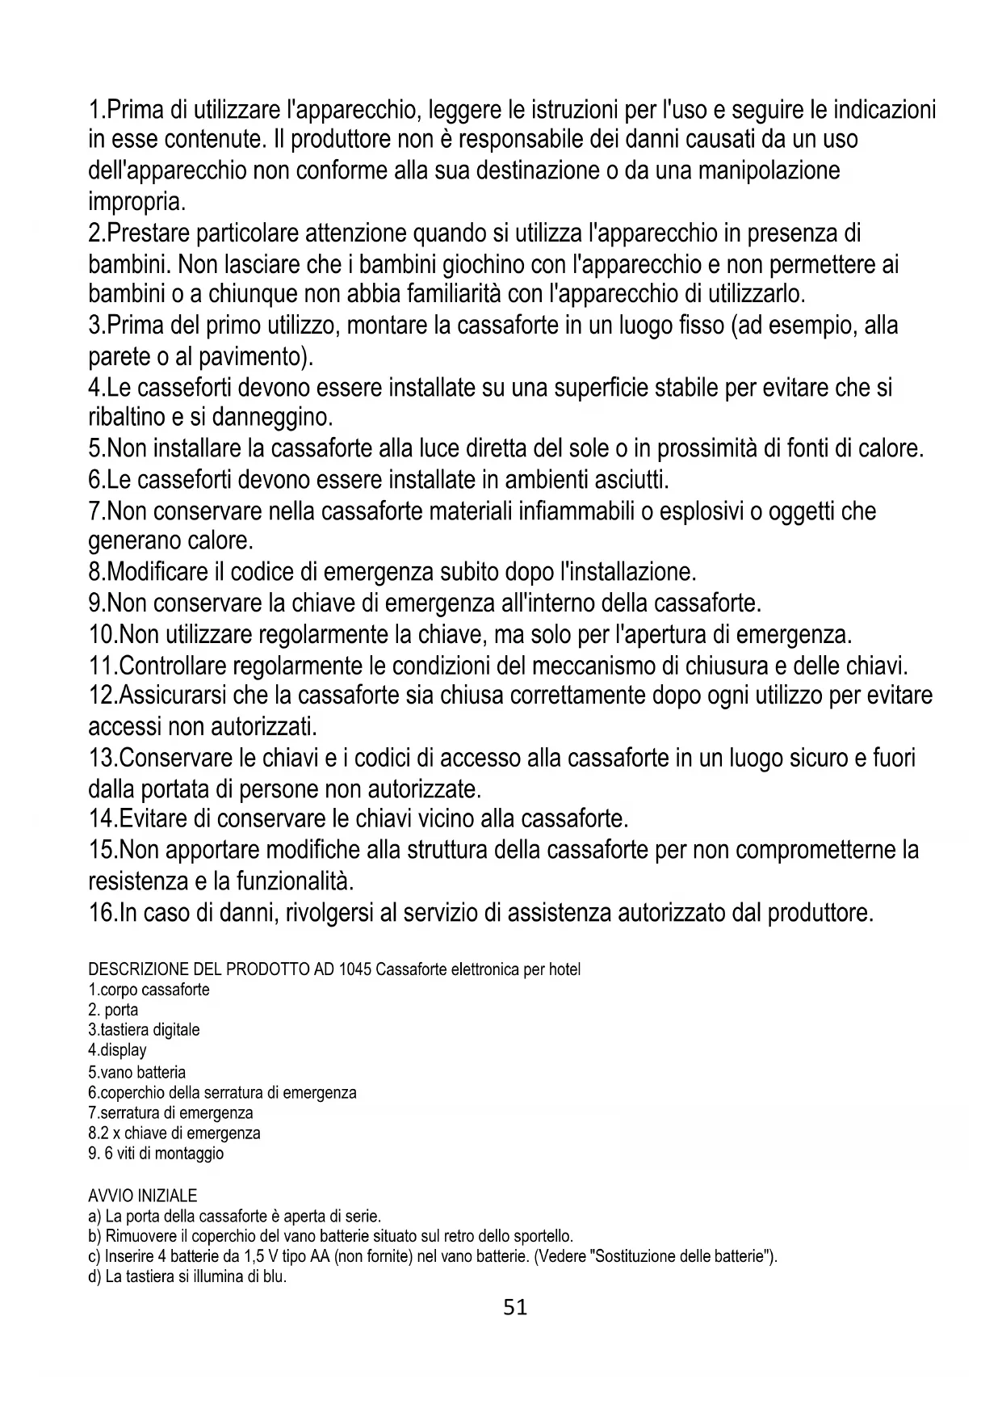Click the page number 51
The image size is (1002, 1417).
[x=514, y=1308]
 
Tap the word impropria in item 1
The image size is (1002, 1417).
[x=136, y=201]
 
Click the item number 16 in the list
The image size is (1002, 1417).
[x=102, y=913]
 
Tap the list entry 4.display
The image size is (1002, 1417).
[x=117, y=1050]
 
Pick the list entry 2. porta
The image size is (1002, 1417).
[x=113, y=1010]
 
